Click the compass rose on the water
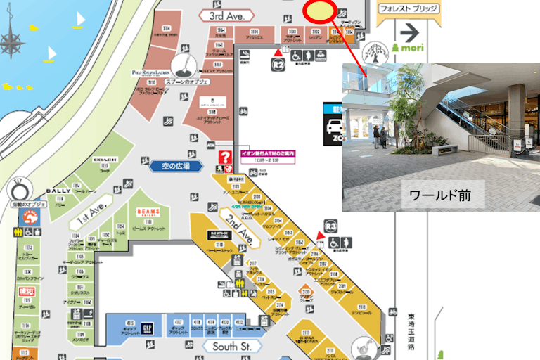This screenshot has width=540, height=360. click(11, 41)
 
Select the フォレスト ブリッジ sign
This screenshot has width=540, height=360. click(409, 10)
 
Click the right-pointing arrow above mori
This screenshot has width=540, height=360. click(409, 32)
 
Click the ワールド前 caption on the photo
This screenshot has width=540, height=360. click(442, 194)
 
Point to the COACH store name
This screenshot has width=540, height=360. click(104, 160)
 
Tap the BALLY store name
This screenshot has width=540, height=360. click(58, 191)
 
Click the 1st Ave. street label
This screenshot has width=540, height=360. click(91, 220)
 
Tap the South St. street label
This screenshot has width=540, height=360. click(232, 346)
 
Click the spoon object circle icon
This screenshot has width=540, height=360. click(181, 65)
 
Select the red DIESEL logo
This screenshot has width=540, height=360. click(27, 291)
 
